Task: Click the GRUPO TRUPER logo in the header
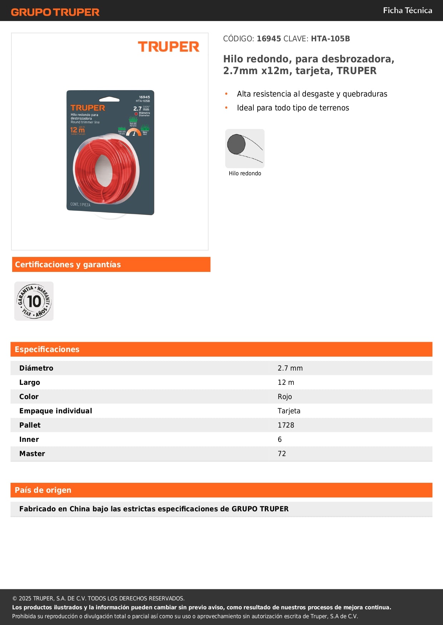point(55,12)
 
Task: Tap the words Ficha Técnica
point(407,10)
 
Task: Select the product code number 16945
point(269,39)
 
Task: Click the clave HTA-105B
point(330,39)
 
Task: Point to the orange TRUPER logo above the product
point(168,47)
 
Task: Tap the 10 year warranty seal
point(34,301)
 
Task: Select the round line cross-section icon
point(245,148)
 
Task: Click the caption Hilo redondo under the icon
point(245,174)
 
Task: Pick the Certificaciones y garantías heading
point(68,264)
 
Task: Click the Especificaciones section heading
point(47,349)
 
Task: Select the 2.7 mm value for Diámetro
point(290,368)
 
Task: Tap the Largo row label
point(30,382)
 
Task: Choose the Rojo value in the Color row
point(285,397)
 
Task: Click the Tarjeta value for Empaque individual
point(289,411)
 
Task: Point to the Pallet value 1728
point(286,425)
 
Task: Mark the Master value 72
point(282,454)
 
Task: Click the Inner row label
point(29,439)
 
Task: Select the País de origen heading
point(43,490)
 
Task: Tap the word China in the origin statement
point(80,509)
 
